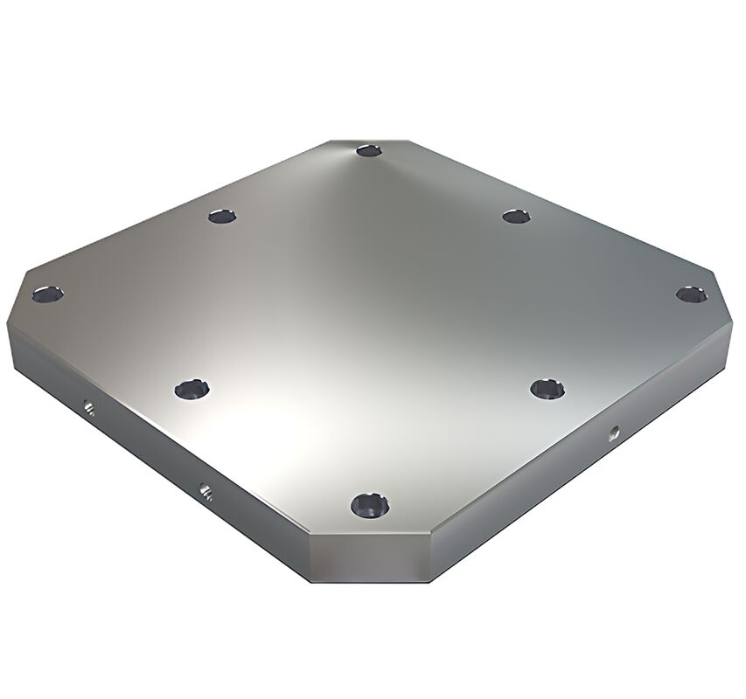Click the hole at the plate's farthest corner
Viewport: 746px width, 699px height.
(369, 151)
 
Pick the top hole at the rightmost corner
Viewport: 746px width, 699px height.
(691, 294)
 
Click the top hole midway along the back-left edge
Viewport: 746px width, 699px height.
(222, 214)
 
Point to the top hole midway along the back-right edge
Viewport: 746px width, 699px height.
(517, 214)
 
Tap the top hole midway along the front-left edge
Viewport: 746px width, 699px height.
(190, 390)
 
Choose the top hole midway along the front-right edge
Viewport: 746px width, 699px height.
(547, 389)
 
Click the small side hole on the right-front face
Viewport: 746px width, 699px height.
(615, 432)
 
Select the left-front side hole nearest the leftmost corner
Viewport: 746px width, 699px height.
(87, 407)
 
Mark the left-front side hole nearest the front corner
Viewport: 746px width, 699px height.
(206, 491)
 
